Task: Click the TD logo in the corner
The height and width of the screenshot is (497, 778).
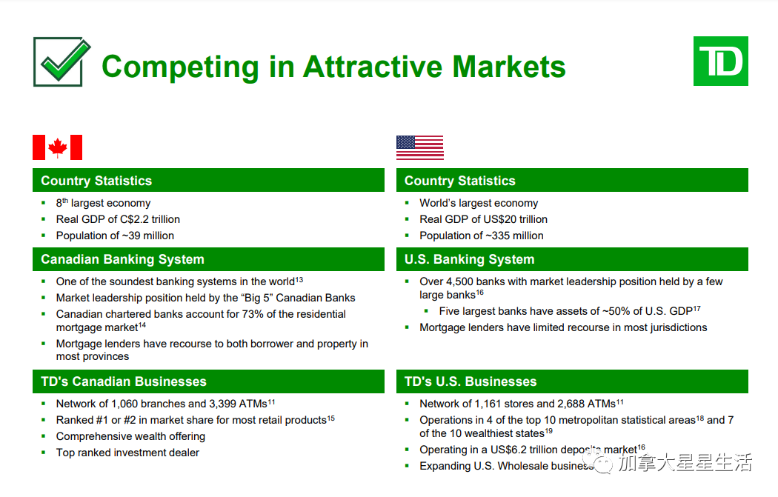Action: pos(720,61)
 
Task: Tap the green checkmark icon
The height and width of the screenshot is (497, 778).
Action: pos(62,62)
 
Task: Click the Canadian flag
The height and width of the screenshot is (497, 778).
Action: pos(58,147)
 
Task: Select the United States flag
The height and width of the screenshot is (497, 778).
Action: pos(420,148)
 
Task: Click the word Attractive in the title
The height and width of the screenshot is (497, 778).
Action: pos(372,66)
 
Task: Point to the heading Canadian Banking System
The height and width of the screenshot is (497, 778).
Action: pos(122,259)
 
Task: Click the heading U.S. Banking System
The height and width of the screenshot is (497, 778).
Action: pos(469,259)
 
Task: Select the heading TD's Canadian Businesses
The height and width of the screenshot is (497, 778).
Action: pos(124,381)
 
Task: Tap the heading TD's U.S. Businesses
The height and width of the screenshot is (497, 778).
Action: pos(471,381)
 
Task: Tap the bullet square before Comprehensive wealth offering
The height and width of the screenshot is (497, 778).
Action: pos(44,436)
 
